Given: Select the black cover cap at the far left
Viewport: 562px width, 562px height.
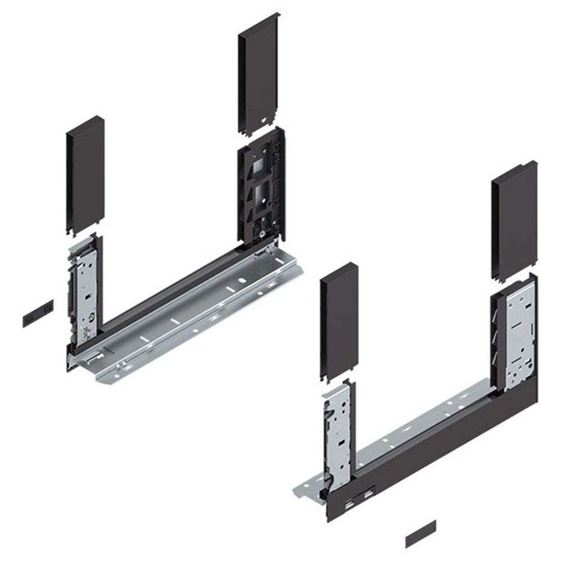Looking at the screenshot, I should pyautogui.click(x=85, y=174).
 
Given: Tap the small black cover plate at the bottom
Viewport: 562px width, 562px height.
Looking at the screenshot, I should pyautogui.click(x=420, y=533).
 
